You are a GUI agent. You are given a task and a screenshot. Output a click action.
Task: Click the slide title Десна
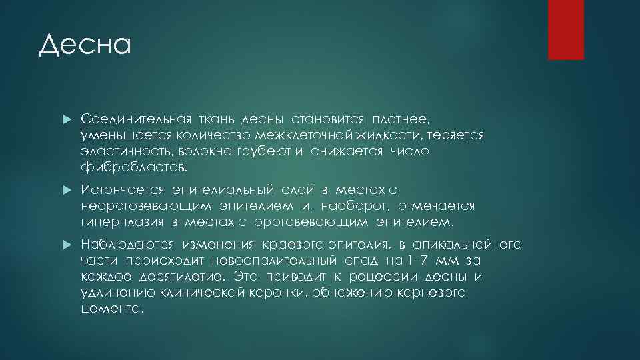(85, 45)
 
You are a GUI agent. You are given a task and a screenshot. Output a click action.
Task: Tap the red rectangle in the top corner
(565, 29)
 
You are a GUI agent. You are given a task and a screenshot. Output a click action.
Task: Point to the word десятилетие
(181, 276)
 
